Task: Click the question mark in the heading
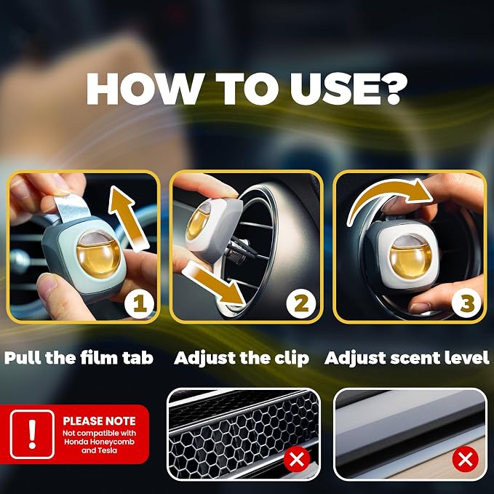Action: click(x=391, y=89)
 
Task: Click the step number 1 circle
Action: click(x=139, y=304)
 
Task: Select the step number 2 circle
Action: click(x=301, y=304)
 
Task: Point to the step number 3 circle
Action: click(x=466, y=304)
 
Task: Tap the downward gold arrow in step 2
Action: click(x=214, y=283)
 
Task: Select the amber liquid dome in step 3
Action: click(x=410, y=258)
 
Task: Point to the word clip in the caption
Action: click(x=294, y=358)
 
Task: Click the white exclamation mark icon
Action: click(x=32, y=434)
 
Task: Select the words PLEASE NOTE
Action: click(x=99, y=421)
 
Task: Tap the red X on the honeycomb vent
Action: click(x=296, y=459)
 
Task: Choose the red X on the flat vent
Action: click(x=465, y=459)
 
